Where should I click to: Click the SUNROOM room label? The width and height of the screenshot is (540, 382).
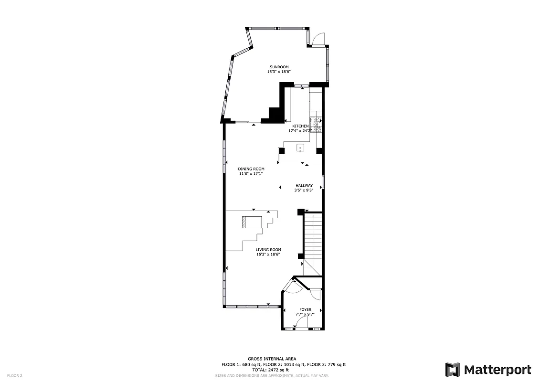[279, 67]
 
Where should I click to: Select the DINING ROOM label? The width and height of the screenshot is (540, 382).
[251, 169]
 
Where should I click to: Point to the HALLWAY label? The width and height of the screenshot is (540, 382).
[304, 186]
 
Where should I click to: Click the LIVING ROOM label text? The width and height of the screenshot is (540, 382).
[268, 250]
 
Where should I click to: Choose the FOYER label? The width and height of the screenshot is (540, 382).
[305, 310]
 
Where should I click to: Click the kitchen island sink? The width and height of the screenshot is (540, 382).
[300, 148]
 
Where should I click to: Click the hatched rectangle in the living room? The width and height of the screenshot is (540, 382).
[252, 222]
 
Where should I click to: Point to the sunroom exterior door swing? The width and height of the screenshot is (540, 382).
[318, 39]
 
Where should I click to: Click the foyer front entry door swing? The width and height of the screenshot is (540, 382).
[301, 325]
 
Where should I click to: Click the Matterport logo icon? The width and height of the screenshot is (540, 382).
[452, 370]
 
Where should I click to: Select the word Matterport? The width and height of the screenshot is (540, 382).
[498, 370]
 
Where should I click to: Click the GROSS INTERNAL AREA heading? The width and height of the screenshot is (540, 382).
[272, 359]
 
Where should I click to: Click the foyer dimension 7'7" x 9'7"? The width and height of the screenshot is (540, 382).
[305, 315]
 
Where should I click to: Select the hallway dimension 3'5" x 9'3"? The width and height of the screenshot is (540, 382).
[304, 191]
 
